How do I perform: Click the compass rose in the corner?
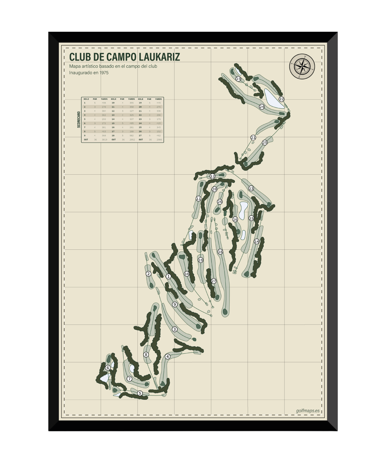[x=302, y=67]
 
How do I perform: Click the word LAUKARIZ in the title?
[x=160, y=57]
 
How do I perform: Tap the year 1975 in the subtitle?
[x=104, y=73]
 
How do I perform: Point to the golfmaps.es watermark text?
[x=308, y=411]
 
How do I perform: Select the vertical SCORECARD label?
[x=79, y=120]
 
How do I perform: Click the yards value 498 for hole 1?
[x=104, y=103]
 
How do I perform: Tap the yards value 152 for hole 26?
[x=159, y=131]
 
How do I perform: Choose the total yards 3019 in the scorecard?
[x=104, y=140]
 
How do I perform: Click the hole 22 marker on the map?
[x=281, y=99]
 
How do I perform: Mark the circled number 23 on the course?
[x=238, y=79]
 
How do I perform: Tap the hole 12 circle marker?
[x=212, y=176]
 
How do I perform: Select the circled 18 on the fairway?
[x=220, y=252]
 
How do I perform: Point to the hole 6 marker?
[x=108, y=368]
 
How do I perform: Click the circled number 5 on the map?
[x=140, y=393]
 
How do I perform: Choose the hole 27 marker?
[x=214, y=281]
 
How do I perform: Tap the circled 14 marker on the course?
[x=256, y=241]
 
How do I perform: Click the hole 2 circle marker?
[x=148, y=274]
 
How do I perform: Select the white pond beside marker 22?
[x=274, y=98]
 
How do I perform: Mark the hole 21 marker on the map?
[x=253, y=138]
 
